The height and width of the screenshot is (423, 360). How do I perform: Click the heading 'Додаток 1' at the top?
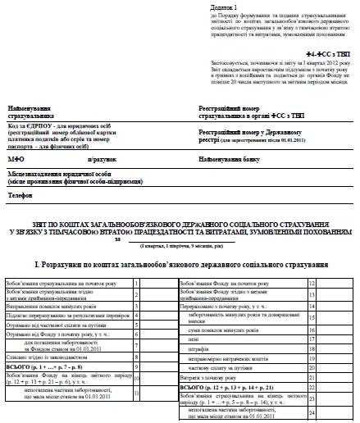213,7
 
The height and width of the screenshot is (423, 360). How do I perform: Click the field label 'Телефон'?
21,198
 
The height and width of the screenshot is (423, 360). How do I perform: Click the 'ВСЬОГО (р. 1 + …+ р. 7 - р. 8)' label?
49,368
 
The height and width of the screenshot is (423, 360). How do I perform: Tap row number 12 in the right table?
312,283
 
